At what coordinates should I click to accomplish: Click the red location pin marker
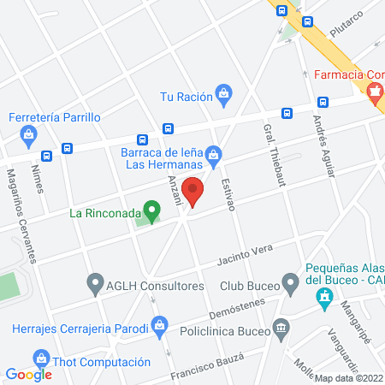pos(194,191)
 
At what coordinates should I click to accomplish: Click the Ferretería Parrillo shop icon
pos(30,134)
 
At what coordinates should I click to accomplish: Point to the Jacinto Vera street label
pos(244,253)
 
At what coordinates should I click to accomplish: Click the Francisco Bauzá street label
pos(201,366)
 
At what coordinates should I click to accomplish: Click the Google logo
pos(28,374)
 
